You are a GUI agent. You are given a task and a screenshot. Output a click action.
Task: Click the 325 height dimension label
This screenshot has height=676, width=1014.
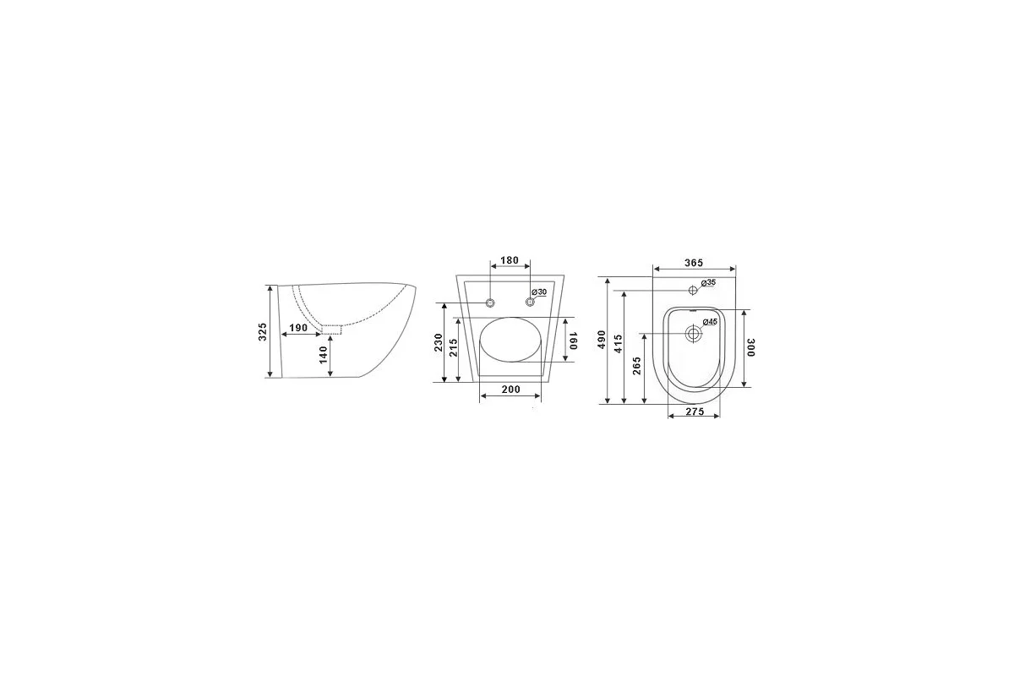pos(263,332)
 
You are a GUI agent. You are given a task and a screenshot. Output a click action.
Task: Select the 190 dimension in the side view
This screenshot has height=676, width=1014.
pos(298,327)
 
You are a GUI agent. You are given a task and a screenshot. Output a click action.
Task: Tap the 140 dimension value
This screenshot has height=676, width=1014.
pos(323,355)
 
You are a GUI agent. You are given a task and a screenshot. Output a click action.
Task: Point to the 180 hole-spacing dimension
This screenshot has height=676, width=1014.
pos(510,260)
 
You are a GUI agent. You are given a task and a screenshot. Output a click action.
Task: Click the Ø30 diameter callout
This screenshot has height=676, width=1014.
pos(539,292)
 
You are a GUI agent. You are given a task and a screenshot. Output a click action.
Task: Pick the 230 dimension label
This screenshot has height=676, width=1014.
pos(439,342)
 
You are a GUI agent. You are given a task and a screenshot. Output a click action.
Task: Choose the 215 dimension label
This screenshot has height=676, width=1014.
pos(454,347)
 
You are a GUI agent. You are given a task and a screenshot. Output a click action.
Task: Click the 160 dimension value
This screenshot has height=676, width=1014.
pos(573,340)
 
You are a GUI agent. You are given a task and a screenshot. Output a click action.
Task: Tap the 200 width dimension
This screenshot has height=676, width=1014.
pos(511,389)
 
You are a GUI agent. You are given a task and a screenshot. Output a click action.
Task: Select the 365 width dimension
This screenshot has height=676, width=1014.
pos(694,263)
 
